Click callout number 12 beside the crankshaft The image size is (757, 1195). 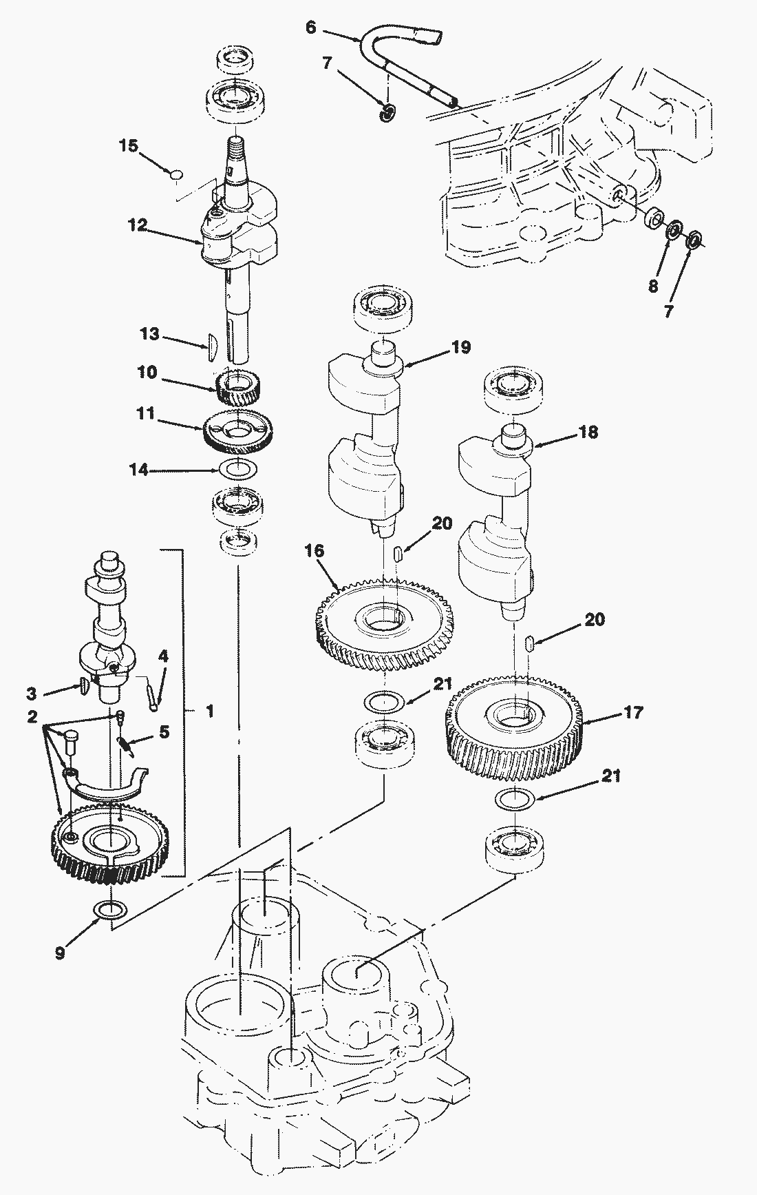coord(137,225)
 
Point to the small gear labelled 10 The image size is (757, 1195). coord(238,387)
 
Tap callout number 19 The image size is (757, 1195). coord(461,347)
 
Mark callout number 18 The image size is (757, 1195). coord(588,432)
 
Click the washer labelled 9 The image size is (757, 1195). coord(110,910)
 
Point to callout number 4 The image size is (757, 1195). coord(163,656)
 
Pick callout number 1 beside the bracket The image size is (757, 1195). coord(210,710)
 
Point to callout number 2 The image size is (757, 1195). coord(32,716)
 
